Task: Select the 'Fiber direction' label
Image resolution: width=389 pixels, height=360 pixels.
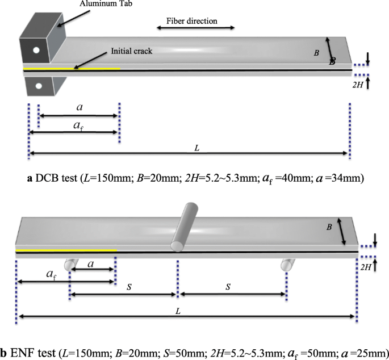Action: coord(192,20)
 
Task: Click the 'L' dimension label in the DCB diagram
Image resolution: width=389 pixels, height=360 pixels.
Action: coord(196,147)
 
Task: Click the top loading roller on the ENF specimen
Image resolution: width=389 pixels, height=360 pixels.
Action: coord(184,225)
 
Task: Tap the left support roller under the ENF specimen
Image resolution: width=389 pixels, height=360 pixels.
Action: coord(70,264)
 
